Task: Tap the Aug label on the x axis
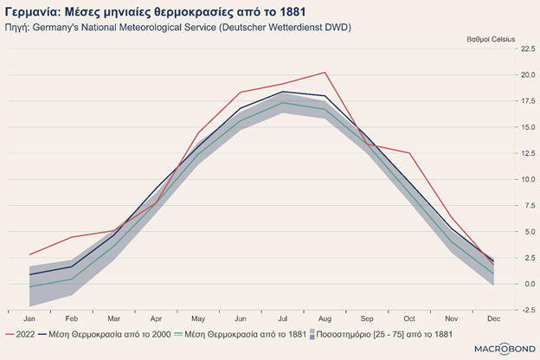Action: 324,318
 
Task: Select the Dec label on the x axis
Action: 493,318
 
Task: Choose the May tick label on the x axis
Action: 198,318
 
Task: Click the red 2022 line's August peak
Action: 325,72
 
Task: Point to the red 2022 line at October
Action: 409,153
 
